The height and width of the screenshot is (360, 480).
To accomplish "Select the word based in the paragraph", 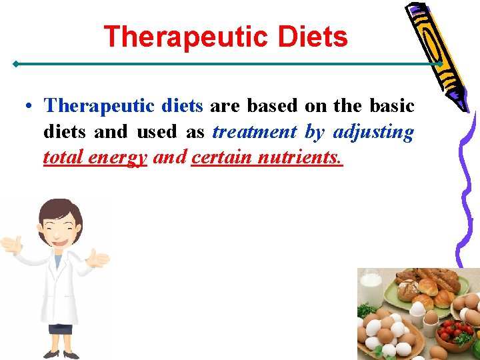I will coord(272,106).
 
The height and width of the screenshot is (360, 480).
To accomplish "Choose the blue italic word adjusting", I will coord(373,132).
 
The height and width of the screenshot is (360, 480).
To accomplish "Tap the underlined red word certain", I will coord(219,159).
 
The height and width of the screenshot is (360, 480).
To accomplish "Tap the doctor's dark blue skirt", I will coord(60,328).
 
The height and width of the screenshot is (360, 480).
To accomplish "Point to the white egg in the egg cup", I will coord(418,307).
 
